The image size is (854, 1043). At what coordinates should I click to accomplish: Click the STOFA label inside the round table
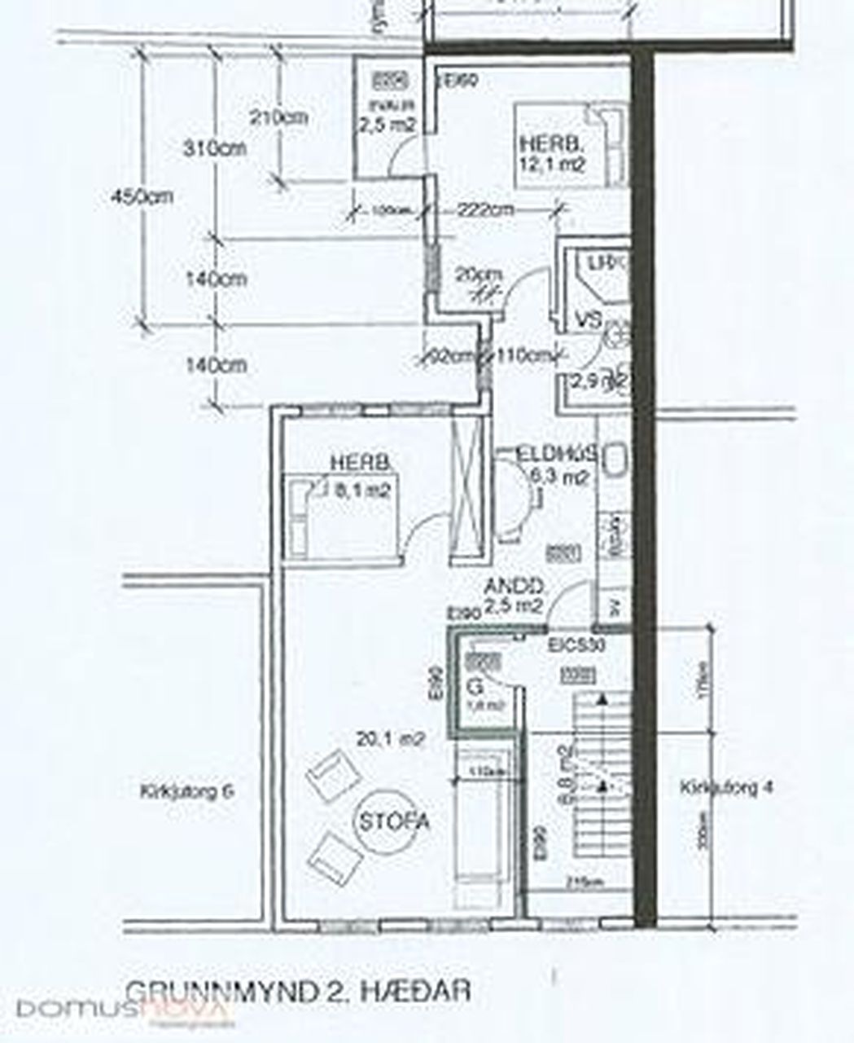point(394,821)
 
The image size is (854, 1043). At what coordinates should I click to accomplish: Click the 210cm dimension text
point(278,117)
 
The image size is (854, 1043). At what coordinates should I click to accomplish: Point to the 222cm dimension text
point(485,209)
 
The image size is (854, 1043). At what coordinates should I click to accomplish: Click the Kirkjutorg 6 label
point(187,790)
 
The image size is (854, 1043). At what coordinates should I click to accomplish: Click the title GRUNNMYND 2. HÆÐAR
point(299,991)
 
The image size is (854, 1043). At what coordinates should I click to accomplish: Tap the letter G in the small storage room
point(475,689)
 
